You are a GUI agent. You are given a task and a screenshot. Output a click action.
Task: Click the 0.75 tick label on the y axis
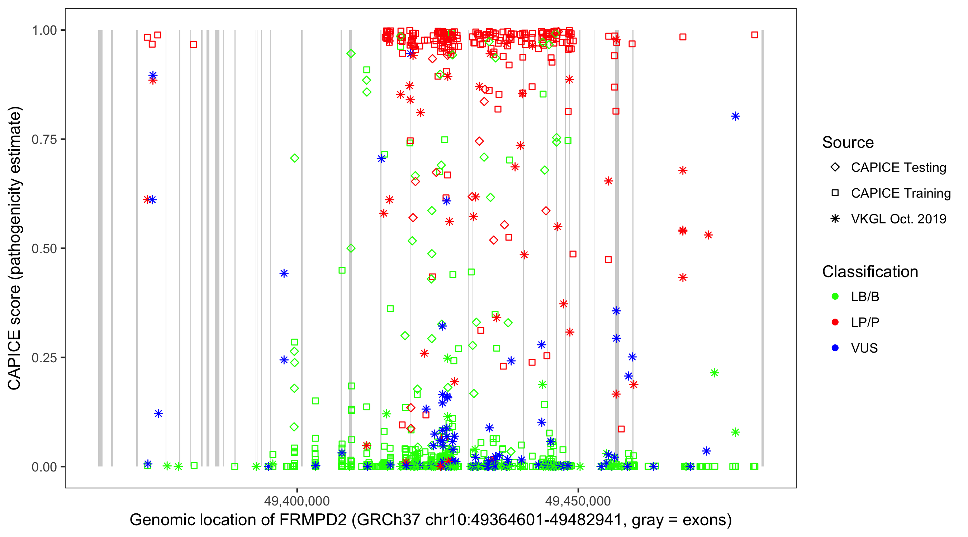[44, 139]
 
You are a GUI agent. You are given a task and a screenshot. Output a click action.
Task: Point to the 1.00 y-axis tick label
[44, 30]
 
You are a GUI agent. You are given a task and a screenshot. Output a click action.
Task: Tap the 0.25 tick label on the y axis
[44, 358]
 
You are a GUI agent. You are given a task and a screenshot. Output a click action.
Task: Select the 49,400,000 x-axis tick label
[296, 500]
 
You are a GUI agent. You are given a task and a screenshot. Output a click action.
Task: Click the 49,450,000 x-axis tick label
[578, 500]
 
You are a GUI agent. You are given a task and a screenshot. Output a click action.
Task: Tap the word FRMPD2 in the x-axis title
[313, 520]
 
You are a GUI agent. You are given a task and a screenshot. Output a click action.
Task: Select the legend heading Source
[848, 142]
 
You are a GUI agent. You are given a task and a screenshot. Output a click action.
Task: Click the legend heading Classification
[870, 272]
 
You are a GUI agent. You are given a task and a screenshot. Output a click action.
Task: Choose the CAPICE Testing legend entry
[898, 168]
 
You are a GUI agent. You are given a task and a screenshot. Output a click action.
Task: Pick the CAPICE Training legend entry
[900, 193]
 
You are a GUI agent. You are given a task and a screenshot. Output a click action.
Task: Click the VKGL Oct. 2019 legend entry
[898, 219]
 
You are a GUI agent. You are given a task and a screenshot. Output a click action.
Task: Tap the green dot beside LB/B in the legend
[835, 296]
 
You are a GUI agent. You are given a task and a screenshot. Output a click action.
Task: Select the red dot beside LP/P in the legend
[835, 322]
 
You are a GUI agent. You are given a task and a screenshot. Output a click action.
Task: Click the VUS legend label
[864, 348]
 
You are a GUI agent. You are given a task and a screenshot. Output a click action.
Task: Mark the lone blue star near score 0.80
[735, 116]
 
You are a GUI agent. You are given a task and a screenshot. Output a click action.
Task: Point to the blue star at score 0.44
[284, 273]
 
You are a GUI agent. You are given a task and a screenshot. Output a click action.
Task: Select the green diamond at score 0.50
[351, 248]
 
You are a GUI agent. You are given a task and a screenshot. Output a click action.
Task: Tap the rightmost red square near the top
[755, 35]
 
